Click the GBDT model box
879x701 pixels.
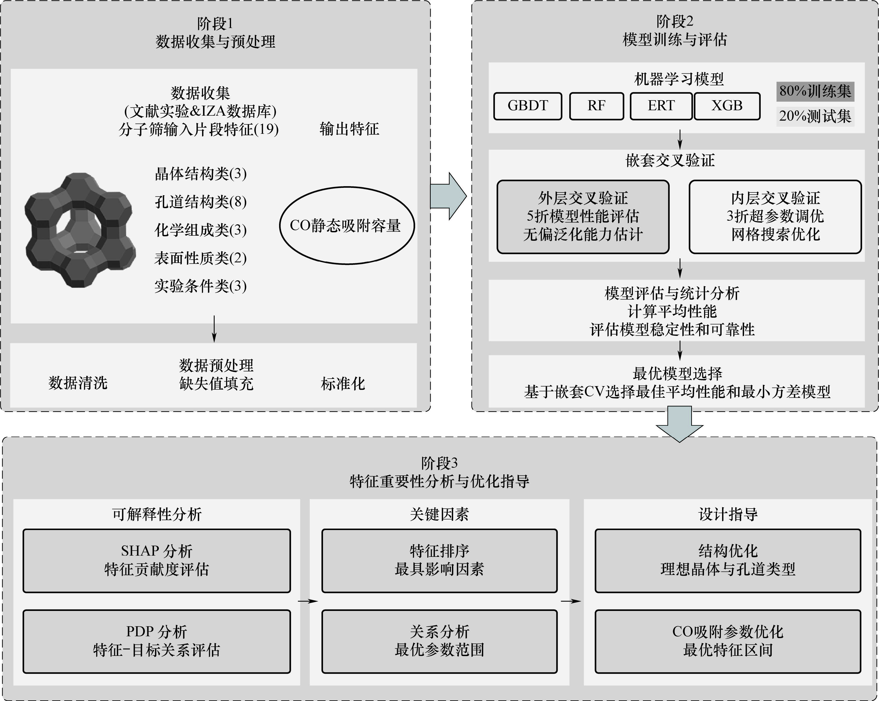[527, 106]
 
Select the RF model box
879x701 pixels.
[597, 106]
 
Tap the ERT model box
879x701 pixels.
[661, 106]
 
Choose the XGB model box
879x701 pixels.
[727, 106]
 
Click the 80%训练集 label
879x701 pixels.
[815, 91]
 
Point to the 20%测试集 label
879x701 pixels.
[815, 116]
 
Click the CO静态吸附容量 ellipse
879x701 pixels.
[346, 226]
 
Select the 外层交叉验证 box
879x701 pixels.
[583, 217]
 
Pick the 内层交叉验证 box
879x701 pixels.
[775, 217]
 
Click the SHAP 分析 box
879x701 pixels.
[156, 561]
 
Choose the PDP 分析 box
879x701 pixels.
[156, 641]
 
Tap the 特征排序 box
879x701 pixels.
[439, 561]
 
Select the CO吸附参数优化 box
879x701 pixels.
[728, 641]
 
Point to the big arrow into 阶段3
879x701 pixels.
[680, 424]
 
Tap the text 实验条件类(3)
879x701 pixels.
[201, 286]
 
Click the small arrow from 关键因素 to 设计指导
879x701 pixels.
[571, 601]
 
